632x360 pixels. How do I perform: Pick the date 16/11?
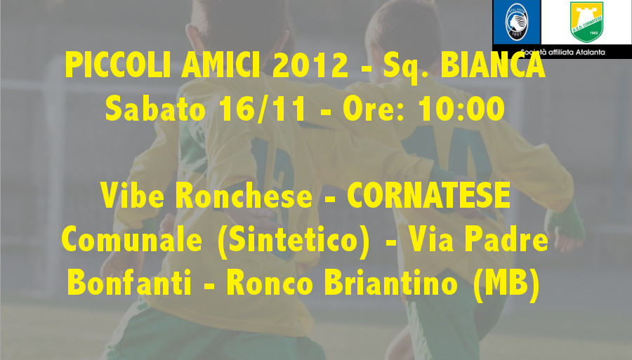click(262, 109)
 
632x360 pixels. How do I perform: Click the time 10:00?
click(461, 109)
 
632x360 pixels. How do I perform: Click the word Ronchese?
click(244, 195)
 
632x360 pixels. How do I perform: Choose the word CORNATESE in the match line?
click(429, 195)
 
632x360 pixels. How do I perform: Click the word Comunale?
click(132, 239)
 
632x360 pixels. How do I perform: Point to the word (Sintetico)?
click(294, 241)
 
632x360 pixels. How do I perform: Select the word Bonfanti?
click(129, 283)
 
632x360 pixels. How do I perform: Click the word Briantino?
click(390, 283)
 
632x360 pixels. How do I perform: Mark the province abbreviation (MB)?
click(506, 285)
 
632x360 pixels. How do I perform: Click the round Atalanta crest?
click(517, 22)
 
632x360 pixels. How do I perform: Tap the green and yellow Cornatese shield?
click(586, 22)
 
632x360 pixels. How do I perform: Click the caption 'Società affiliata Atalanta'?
click(562, 52)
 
